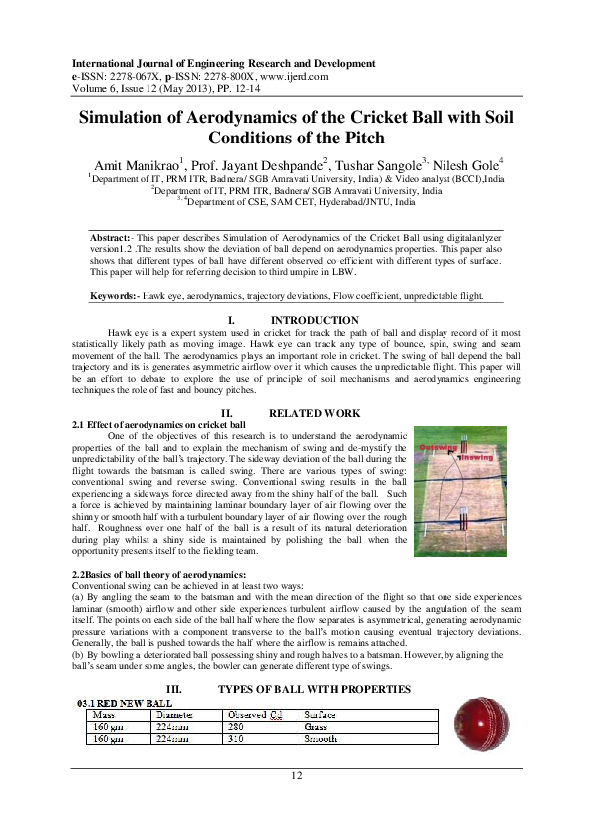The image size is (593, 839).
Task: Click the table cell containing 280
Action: pos(236,727)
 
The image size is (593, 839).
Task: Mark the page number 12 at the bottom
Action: pos(296,775)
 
